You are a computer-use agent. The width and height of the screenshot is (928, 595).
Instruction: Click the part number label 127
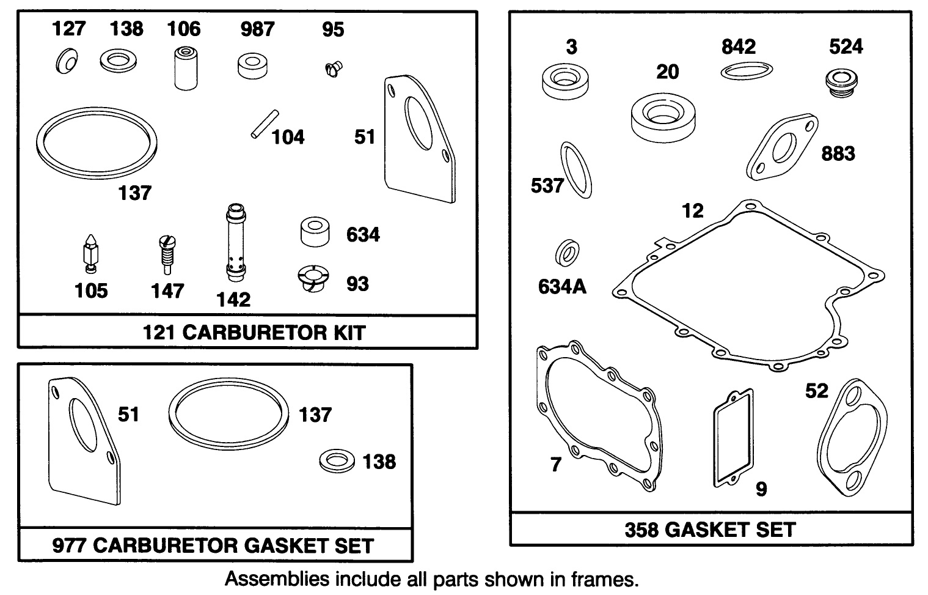tap(69, 29)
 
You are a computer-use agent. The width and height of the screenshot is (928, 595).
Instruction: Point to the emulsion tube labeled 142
tap(235, 242)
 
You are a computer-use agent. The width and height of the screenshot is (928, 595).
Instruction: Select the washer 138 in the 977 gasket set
tap(337, 460)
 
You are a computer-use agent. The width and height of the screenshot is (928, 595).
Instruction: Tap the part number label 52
tap(816, 391)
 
